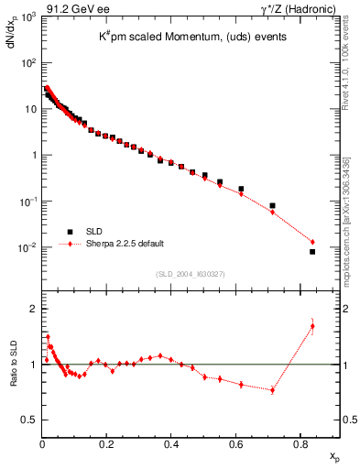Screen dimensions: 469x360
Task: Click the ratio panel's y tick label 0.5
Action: click(29, 420)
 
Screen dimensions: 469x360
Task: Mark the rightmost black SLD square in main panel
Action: click(312, 251)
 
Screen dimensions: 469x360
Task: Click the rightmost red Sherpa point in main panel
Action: click(312, 242)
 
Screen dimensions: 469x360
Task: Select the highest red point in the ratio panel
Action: click(312, 326)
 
